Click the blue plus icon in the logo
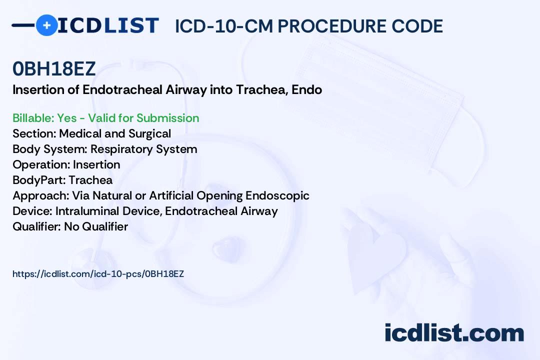point(46,25)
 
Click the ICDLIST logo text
point(108,25)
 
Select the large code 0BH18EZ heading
point(53,68)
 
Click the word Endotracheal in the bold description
point(122,89)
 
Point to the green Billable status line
point(105,118)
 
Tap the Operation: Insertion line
point(66,164)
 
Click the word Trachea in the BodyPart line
point(90,180)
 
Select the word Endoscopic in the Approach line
point(277,195)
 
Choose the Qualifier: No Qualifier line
point(70,226)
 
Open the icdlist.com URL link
point(98,274)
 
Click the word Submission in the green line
point(167,118)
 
